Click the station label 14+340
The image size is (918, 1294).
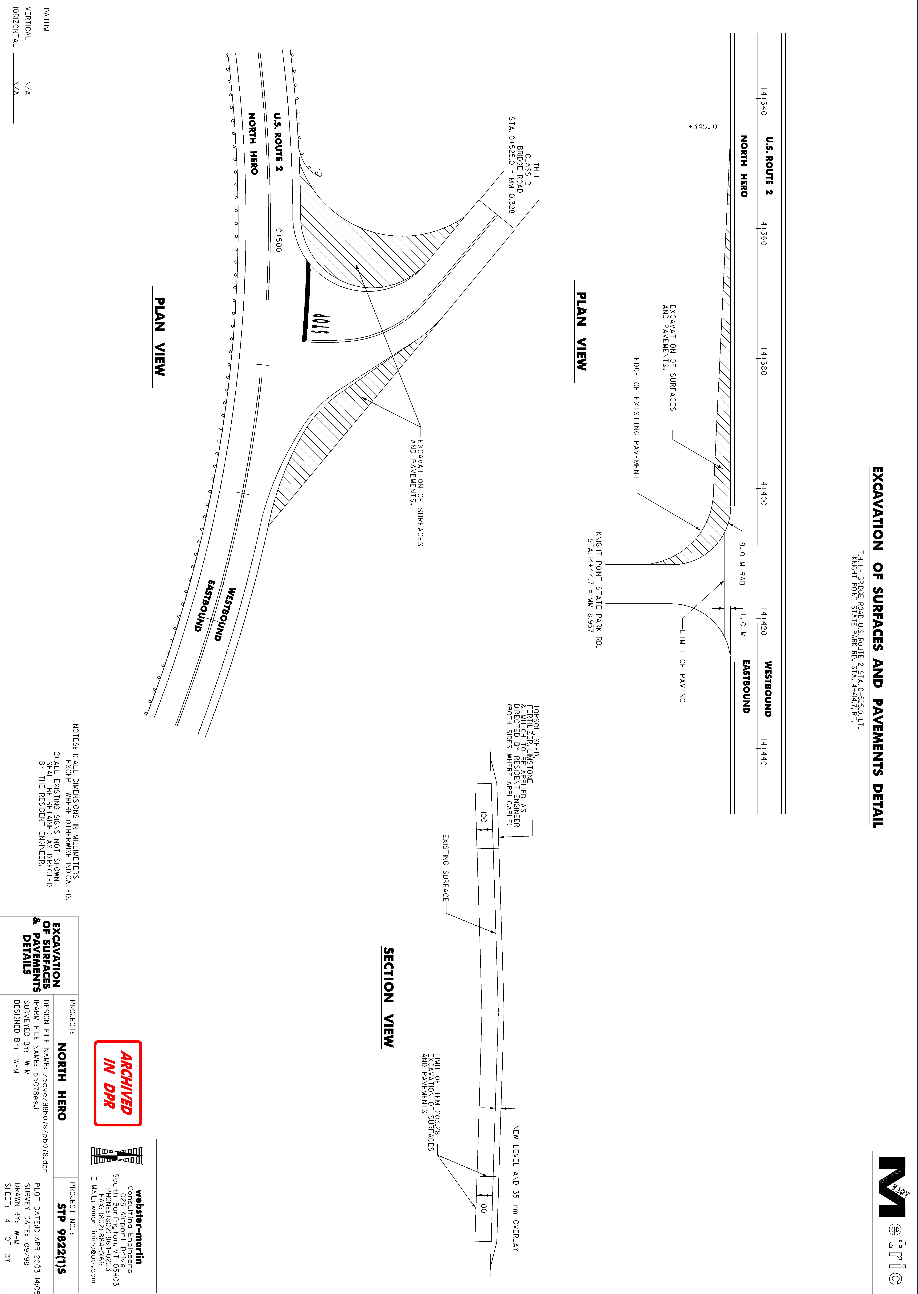(763, 102)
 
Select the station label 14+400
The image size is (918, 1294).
(763, 492)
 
